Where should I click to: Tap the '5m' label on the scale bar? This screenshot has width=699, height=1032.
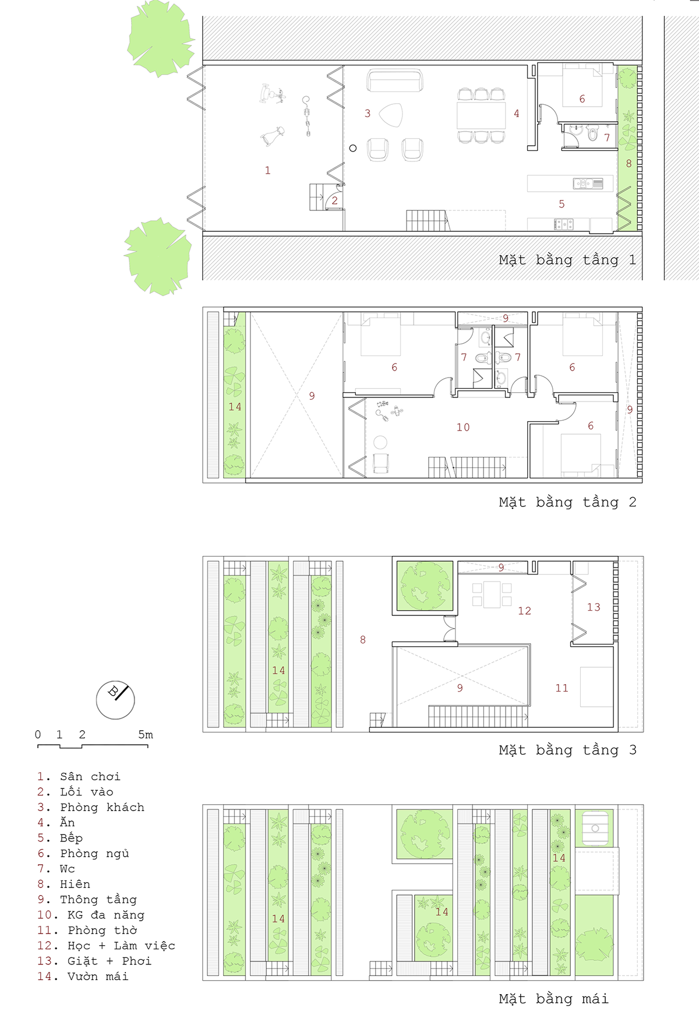click(146, 735)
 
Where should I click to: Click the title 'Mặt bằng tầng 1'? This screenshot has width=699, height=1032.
click(567, 260)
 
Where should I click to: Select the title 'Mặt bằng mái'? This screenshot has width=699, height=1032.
click(553, 999)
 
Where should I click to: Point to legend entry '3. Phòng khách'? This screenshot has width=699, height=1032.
click(91, 808)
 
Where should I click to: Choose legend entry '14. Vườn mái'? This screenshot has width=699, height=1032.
click(83, 977)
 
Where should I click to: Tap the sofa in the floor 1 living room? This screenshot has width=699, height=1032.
click(395, 81)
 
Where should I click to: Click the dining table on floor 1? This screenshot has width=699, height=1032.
click(481, 115)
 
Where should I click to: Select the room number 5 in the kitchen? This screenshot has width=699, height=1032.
click(562, 204)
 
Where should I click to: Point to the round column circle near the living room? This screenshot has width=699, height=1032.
click(352, 148)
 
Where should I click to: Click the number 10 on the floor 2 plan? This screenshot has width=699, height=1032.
click(463, 427)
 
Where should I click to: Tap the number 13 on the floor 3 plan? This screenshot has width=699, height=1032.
click(594, 607)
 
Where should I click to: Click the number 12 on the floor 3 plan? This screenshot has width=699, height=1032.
click(525, 611)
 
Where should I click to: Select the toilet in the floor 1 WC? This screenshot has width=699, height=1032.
click(593, 134)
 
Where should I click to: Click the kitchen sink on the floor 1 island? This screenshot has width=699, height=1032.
click(588, 184)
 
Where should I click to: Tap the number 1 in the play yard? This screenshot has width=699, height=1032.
click(267, 171)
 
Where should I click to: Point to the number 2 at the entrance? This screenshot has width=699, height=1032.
click(335, 200)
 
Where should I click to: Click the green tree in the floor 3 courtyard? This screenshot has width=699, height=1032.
click(425, 586)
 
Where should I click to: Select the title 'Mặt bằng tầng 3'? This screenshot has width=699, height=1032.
click(567, 750)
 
